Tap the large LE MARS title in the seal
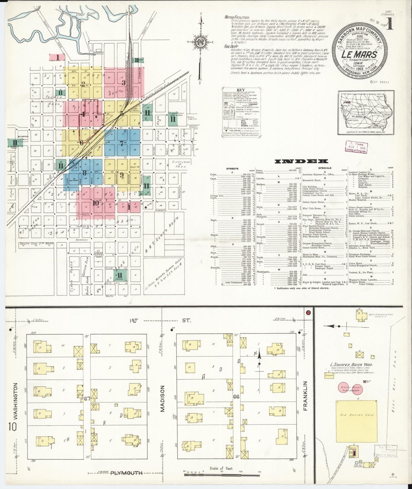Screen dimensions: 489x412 point(359,54)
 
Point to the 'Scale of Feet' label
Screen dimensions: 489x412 point(221,468)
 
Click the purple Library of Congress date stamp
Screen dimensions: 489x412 point(356,147)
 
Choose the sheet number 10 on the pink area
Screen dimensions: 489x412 point(96,203)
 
